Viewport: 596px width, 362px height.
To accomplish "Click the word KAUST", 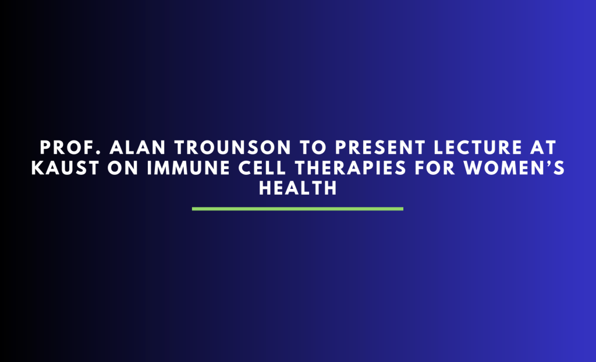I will click(x=59, y=168).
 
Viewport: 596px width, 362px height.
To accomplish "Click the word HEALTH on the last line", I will click(x=297, y=188).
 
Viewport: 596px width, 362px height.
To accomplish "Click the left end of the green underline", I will click(x=194, y=208).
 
